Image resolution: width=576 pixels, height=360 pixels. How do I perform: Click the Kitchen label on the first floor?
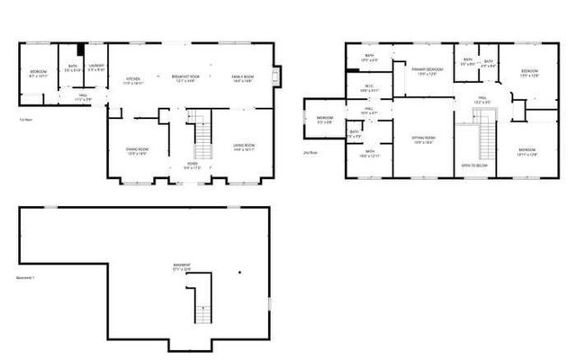coord(132,79)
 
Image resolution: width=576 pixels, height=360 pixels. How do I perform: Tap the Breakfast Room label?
coord(187,78)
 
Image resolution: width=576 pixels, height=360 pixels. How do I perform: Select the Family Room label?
coord(243,78)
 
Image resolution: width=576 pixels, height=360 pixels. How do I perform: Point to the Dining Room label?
coord(137,150)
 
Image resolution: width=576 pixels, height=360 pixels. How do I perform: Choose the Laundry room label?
coord(95,67)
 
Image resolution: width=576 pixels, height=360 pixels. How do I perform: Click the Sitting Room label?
coord(423,139)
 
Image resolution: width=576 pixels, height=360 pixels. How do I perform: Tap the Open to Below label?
coord(473,166)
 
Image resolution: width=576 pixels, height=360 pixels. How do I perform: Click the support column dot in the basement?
coord(239,271)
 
